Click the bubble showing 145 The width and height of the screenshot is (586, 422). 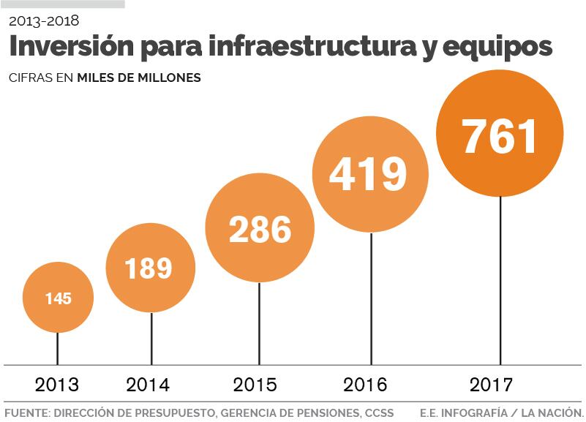coord(58,298)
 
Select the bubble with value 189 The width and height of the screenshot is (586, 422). coord(150,268)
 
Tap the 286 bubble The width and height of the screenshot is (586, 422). coord(260,228)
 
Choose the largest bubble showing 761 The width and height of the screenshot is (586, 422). coord(500,135)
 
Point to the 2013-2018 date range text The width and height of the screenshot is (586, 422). coord(44,20)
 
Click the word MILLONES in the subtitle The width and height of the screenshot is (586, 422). coord(169,78)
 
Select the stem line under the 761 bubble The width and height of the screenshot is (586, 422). coord(500,282)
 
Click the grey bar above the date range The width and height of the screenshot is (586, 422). coord(62,4)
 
